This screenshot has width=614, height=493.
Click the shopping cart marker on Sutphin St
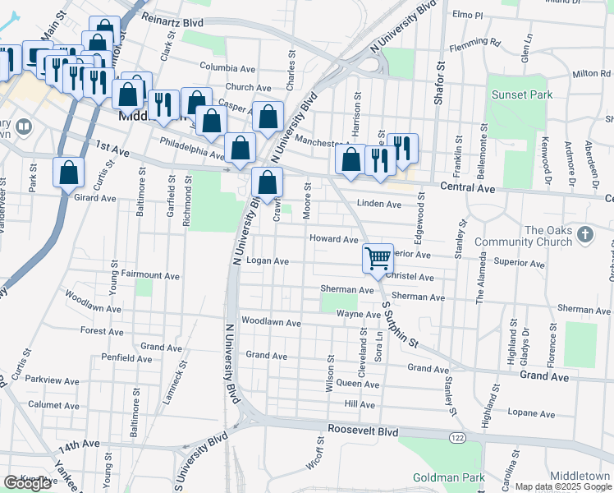pos(378,259)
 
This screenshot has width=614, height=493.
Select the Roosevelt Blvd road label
pos(362,431)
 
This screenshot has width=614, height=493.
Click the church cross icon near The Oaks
pos(584,235)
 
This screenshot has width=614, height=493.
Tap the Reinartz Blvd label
pos(172,19)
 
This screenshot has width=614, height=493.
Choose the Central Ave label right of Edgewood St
pos(469,188)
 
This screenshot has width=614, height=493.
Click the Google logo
pos(27,483)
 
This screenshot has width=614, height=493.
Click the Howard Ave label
pos(333,239)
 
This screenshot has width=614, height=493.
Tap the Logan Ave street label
pos(268,261)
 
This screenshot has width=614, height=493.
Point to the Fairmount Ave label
pos(150,276)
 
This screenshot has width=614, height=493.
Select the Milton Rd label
pos(592,73)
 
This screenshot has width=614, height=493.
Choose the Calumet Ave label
pos(52,404)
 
